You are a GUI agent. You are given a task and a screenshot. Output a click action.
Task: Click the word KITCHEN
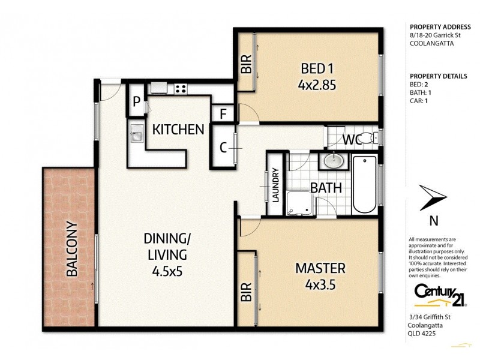coord(177,129)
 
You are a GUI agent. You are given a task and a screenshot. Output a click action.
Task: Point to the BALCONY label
coord(72,249)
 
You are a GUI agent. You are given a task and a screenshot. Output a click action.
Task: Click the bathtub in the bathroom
coord(364,184)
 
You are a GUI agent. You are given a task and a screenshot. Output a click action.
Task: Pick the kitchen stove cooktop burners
coord(179,89)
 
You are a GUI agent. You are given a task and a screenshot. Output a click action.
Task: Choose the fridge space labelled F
coord(223,113)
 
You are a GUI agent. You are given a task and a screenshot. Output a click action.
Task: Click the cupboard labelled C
coord(223,148)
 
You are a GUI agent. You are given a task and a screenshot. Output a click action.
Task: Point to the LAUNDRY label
coord(276,187)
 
